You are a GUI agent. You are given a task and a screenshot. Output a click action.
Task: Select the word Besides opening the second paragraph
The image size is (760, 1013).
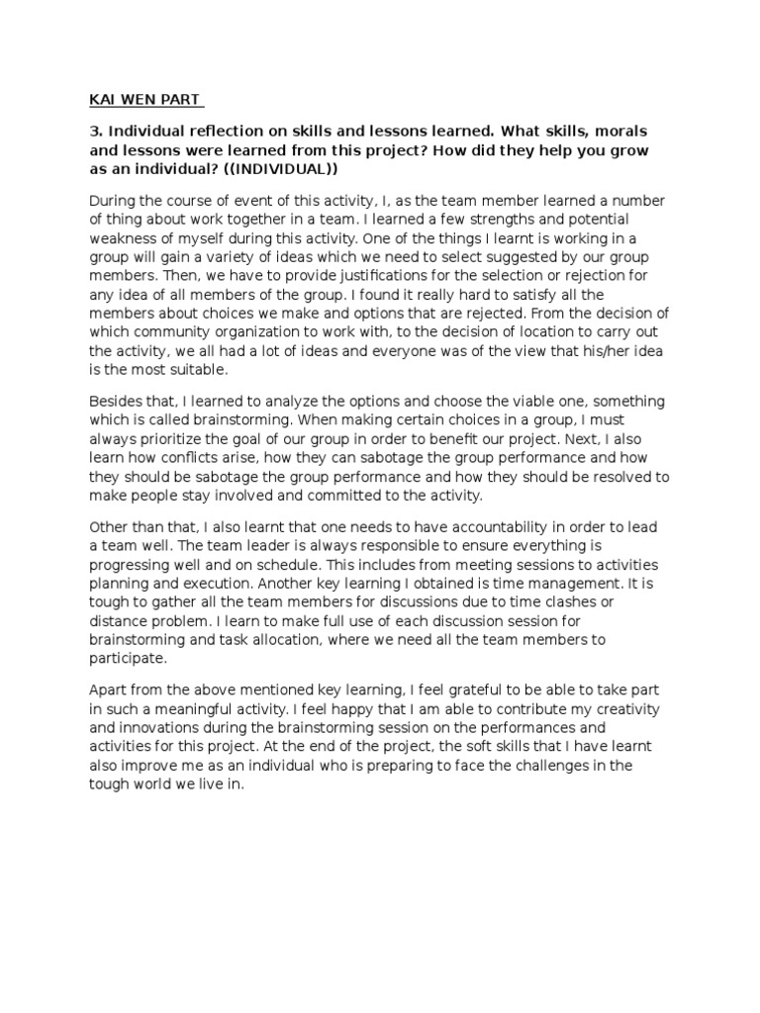pyautogui.click(x=115, y=401)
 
